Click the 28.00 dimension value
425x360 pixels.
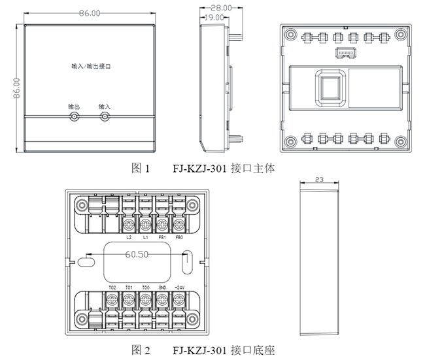click(x=221, y=8)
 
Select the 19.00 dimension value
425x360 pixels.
click(x=214, y=18)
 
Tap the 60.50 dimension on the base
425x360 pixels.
click(x=137, y=254)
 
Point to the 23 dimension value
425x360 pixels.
click(x=319, y=180)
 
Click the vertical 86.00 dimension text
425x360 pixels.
click(x=17, y=88)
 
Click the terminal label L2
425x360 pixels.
click(x=129, y=237)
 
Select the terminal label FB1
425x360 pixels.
click(x=162, y=237)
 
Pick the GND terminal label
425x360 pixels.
click(x=162, y=287)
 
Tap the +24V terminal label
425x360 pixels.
click(x=180, y=287)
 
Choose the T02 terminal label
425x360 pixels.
click(x=112, y=287)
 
